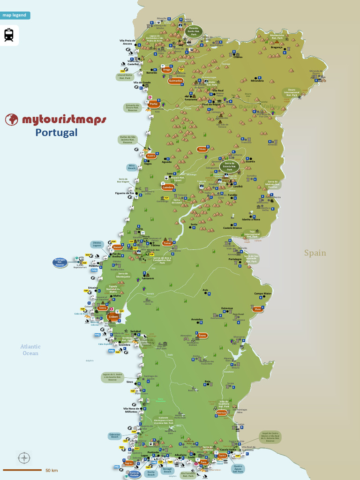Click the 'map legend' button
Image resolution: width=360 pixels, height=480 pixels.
(15, 15)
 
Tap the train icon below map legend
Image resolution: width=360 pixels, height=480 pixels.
(9, 35)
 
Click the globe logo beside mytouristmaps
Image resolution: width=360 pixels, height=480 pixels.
(12, 120)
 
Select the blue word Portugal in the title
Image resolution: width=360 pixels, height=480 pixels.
(56, 133)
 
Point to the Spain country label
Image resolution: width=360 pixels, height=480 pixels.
(315, 253)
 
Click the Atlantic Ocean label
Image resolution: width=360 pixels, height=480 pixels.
(30, 350)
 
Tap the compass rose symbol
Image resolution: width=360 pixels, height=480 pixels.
(24, 457)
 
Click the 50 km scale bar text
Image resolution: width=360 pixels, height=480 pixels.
(52, 470)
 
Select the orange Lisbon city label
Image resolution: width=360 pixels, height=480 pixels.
(113, 317)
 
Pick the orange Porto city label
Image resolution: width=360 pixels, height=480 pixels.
(153, 104)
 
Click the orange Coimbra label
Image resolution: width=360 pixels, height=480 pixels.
(168, 187)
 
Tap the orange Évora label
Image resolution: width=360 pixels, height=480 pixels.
(202, 336)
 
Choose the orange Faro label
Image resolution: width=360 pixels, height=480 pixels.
(203, 462)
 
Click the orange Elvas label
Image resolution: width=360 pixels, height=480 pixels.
(257, 309)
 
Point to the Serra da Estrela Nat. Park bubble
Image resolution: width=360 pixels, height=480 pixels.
(230, 166)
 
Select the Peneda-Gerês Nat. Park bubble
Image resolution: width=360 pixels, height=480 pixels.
(193, 31)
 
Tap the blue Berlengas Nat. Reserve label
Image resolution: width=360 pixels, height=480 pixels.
(60, 262)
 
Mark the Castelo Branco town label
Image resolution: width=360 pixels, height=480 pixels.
(233, 228)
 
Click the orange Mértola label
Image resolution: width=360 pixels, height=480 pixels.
(222, 413)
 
